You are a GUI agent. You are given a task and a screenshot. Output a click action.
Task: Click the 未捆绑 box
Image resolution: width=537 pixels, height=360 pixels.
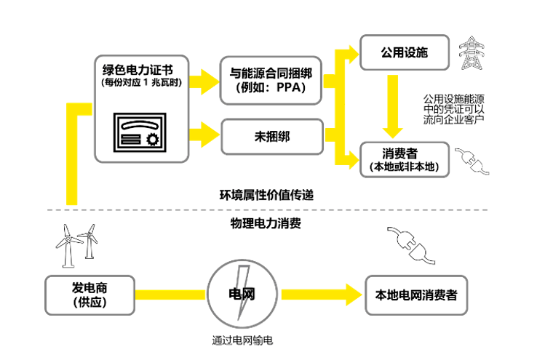click(271, 136)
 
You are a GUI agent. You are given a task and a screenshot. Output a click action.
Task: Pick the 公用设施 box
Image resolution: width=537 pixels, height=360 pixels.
click(405, 53)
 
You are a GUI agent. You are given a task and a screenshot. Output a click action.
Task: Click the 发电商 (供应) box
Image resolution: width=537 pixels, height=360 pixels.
click(90, 295)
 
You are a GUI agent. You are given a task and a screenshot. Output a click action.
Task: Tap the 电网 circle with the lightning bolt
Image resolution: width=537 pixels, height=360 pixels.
click(242, 294)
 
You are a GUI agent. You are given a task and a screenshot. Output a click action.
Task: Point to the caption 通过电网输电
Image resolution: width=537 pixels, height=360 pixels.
click(242, 340)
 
